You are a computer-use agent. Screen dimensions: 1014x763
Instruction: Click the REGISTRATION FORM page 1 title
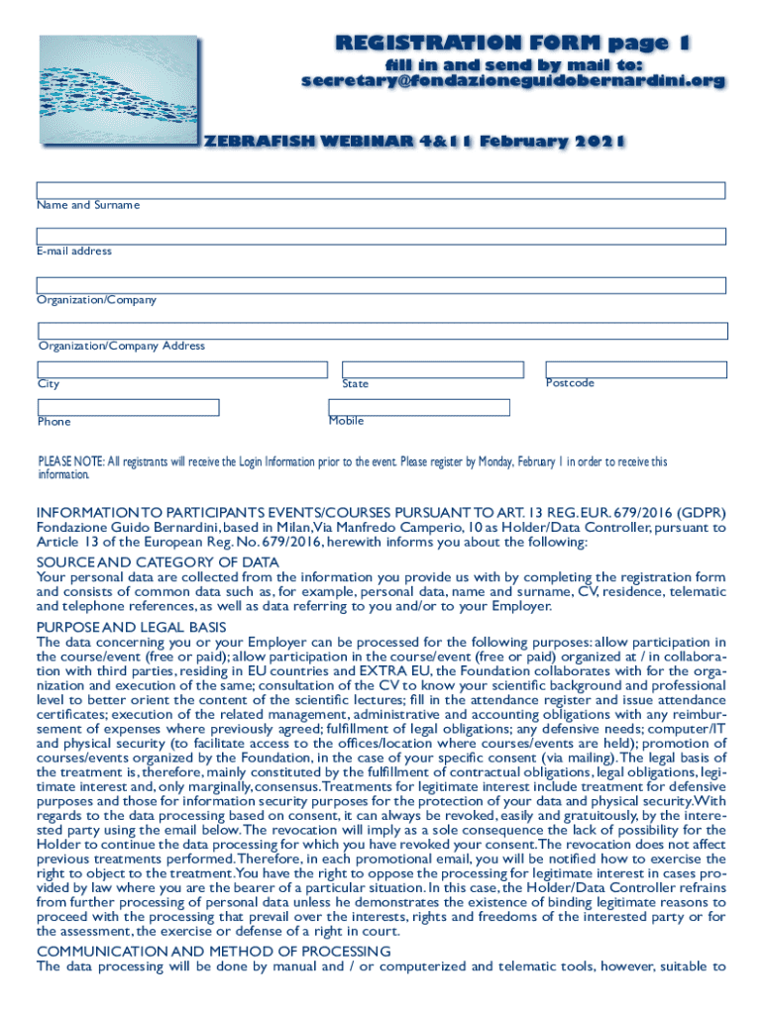point(512,43)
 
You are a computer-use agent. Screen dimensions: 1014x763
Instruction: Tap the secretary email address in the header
point(512,81)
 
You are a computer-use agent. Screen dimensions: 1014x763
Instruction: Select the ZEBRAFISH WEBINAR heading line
point(413,141)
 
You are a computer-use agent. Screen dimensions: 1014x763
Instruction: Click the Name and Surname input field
point(381,190)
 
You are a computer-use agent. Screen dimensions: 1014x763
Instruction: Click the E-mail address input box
point(381,237)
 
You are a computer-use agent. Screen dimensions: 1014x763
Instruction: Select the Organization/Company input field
point(381,285)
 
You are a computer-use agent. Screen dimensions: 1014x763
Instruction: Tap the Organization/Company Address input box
point(382,331)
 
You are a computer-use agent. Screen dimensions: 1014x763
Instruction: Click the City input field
point(182,369)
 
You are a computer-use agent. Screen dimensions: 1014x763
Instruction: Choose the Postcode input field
point(636,369)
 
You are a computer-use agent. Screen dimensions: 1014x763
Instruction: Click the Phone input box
point(128,407)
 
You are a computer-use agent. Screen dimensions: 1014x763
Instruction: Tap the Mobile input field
point(419,407)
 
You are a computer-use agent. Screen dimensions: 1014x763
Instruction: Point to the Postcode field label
point(570,383)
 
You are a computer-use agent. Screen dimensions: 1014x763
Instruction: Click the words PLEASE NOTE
point(70,461)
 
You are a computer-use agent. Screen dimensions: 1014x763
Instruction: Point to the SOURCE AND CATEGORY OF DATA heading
point(158,562)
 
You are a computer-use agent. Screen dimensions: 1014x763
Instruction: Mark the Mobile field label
point(346,421)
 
